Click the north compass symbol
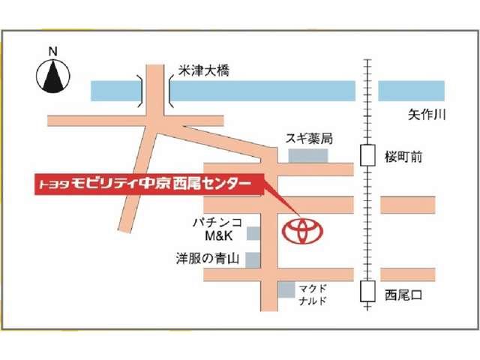click(52, 76)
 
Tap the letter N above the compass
click(52, 52)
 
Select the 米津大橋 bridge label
click(203, 71)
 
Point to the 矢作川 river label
click(427, 115)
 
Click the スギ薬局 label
click(308, 139)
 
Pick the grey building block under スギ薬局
click(308, 155)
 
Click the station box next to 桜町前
click(367, 156)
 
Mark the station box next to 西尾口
click(367, 290)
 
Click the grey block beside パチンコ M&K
click(253, 234)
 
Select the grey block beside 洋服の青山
click(253, 259)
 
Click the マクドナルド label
click(312, 293)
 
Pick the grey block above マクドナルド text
click(286, 289)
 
